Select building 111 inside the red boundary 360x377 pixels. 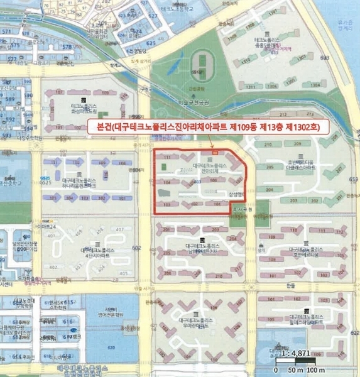(166, 155)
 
